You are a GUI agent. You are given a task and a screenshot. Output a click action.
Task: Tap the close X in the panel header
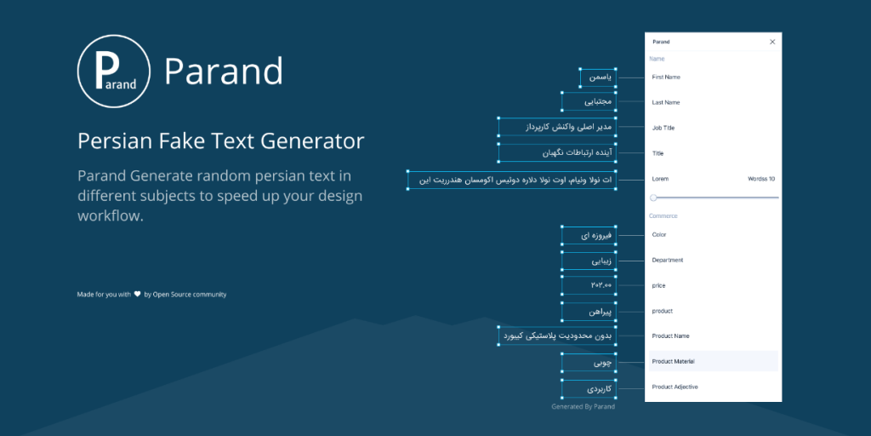772,42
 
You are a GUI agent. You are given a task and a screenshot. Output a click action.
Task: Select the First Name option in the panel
666,77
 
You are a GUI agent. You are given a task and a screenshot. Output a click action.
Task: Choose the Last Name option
666,103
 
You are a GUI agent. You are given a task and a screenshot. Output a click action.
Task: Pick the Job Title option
664,129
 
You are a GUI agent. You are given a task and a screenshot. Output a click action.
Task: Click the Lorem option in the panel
660,180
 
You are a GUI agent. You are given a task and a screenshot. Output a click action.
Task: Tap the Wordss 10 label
760,180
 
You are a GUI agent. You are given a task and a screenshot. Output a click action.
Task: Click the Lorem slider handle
653,198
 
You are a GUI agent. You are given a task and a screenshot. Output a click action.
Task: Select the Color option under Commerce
659,235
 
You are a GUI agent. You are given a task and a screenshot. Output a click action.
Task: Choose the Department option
668,261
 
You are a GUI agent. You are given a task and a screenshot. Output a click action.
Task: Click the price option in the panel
659,286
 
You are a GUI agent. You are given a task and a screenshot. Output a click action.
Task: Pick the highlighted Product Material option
674,362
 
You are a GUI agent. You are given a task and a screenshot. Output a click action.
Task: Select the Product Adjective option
675,387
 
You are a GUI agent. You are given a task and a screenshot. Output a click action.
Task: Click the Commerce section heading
663,216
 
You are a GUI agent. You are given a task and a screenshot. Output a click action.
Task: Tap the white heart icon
137,295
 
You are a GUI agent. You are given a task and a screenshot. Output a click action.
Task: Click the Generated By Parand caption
583,407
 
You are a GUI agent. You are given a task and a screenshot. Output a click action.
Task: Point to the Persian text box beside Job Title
557,128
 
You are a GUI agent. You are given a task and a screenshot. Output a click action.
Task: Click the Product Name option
670,336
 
